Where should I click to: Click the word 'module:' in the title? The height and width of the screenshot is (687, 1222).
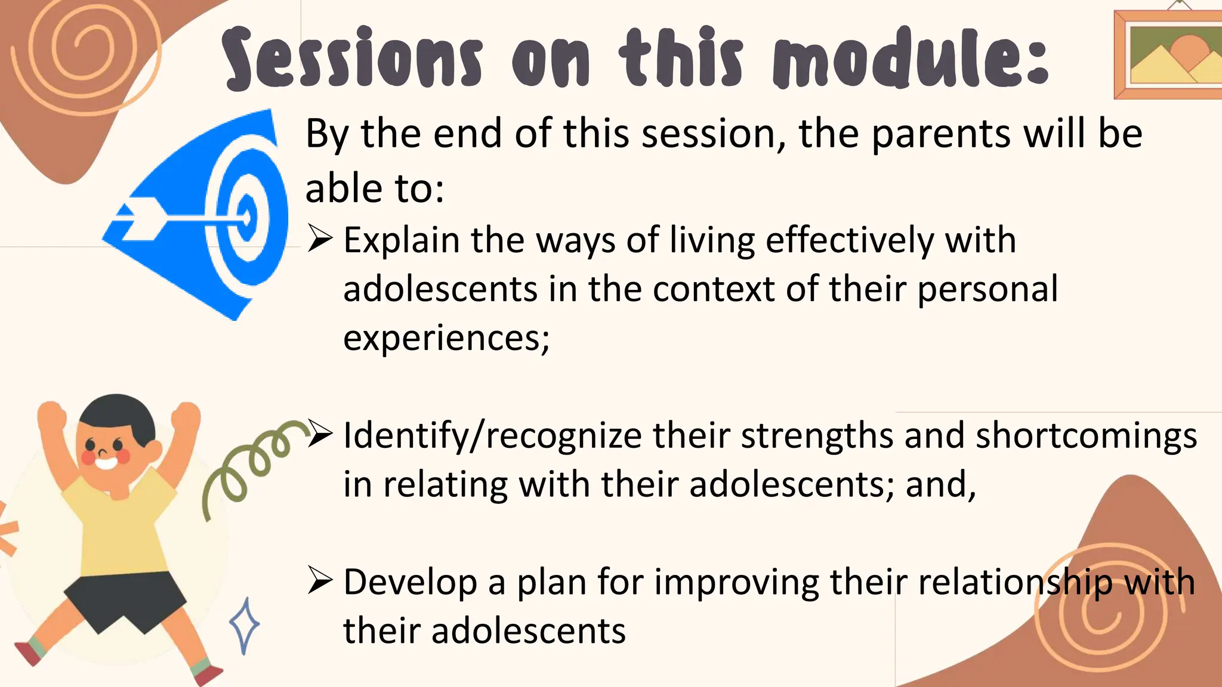911,58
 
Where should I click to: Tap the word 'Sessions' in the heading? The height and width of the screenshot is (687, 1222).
352,58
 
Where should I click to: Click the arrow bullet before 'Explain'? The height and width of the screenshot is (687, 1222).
320,240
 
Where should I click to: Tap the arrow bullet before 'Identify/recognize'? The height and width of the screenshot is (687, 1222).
320,435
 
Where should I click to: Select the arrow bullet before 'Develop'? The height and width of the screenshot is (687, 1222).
320,581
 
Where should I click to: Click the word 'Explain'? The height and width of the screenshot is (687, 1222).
402,242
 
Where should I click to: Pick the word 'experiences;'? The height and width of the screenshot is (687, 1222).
446,338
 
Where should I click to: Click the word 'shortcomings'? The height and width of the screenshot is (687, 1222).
1086,437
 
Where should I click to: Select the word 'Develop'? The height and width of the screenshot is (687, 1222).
410,583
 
